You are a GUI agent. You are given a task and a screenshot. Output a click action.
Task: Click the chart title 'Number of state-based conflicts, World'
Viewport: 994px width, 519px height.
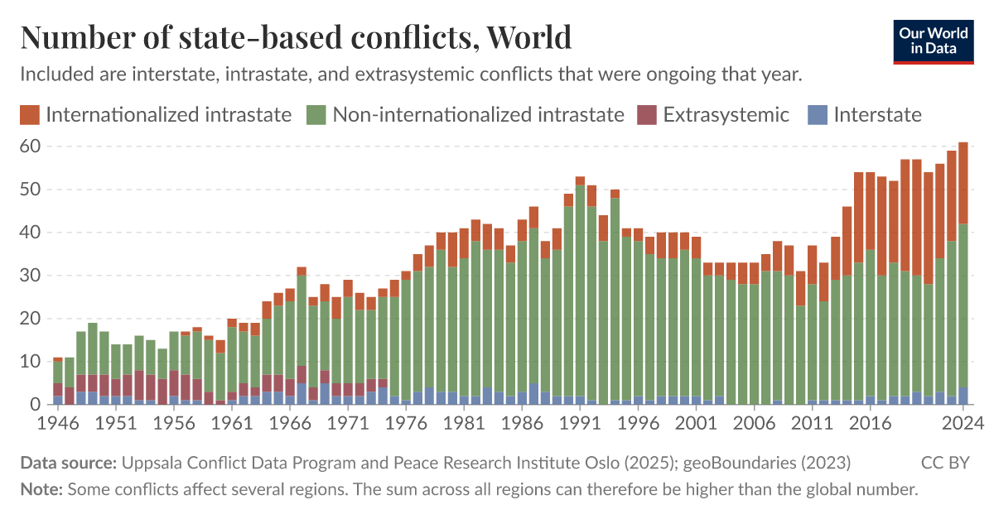(296, 37)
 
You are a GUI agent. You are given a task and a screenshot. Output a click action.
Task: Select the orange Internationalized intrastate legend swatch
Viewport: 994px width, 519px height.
(30, 114)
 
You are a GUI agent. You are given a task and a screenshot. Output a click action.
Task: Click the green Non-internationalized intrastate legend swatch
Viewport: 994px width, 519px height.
(316, 114)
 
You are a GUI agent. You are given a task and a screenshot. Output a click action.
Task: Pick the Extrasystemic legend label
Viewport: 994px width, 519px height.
(726, 114)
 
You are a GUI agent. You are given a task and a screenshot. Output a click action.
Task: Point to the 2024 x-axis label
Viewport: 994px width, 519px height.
(962, 422)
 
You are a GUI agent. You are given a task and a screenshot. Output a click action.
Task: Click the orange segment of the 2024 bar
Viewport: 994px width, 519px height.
(963, 182)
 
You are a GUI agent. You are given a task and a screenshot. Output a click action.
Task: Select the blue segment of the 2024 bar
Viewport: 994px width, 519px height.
(963, 396)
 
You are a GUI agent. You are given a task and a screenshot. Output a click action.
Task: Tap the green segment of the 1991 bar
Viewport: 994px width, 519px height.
(580, 290)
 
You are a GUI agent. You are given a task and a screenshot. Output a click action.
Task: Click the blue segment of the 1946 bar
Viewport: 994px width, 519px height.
(58, 401)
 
